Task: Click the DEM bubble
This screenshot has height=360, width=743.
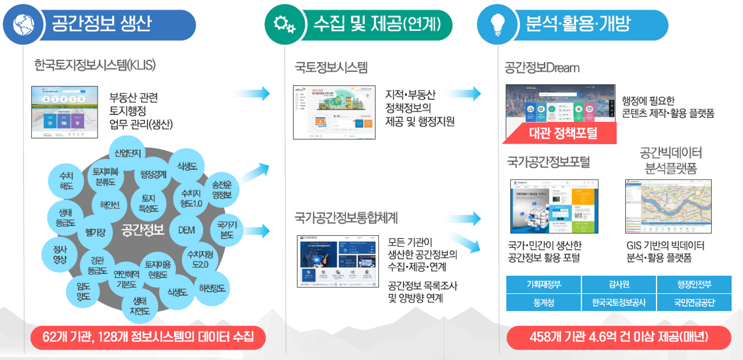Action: click(x=186, y=230)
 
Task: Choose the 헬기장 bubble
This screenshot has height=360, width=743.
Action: click(x=95, y=232)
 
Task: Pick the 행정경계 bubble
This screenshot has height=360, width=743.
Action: click(x=153, y=174)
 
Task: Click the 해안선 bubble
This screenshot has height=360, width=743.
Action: click(x=109, y=204)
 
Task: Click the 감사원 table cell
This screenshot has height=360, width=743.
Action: click(x=618, y=285)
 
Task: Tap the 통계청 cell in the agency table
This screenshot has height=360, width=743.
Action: click(x=543, y=303)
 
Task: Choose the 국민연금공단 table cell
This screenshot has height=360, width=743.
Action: click(x=694, y=303)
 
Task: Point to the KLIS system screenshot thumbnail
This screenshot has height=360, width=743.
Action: click(x=64, y=112)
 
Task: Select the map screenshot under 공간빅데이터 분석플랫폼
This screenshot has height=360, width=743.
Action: click(x=668, y=206)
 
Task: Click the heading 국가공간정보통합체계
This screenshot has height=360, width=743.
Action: click(x=346, y=218)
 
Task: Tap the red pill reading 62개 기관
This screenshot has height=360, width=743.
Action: click(x=148, y=337)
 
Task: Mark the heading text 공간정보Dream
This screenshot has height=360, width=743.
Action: click(x=542, y=68)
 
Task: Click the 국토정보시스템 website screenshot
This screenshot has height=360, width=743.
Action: click(x=330, y=112)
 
